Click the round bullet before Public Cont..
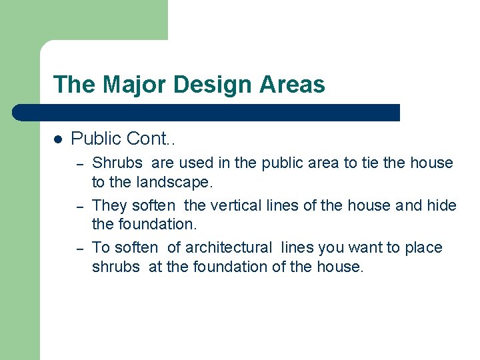coord(58,139)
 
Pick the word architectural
coord(229,247)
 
